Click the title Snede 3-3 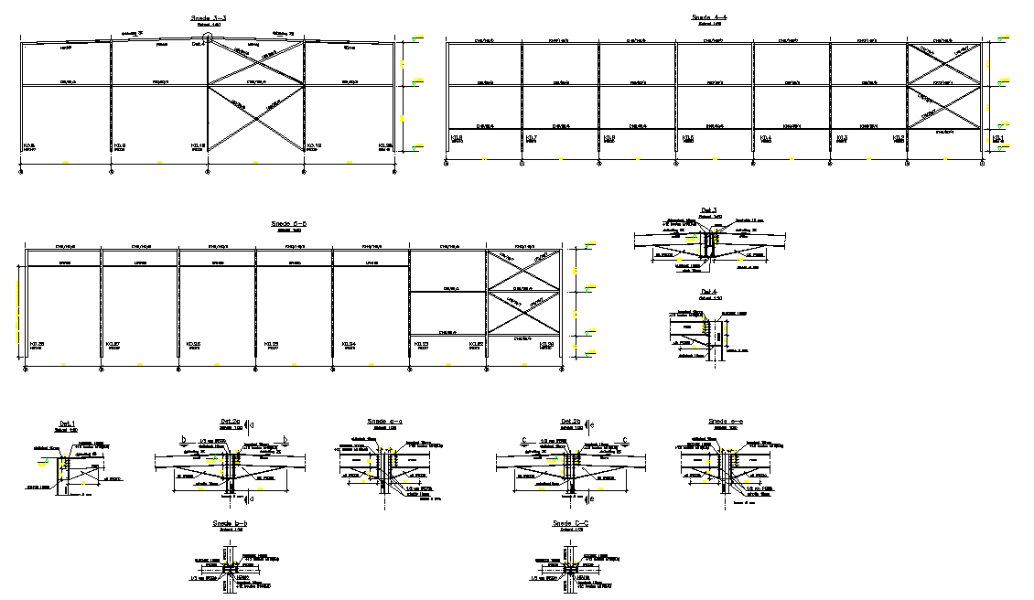[x=209, y=17]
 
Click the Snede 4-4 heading [x=708, y=17]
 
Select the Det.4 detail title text [x=707, y=292]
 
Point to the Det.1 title [x=67, y=423]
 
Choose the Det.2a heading [x=229, y=423]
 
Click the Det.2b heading [x=568, y=422]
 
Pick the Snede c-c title [x=568, y=523]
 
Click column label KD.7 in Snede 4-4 [x=533, y=138]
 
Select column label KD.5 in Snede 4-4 [x=688, y=138]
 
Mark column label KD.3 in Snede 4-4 [x=842, y=138]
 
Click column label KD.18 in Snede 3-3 [x=197, y=145]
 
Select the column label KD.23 [x=423, y=344]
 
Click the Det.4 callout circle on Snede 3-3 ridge [x=209, y=38]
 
